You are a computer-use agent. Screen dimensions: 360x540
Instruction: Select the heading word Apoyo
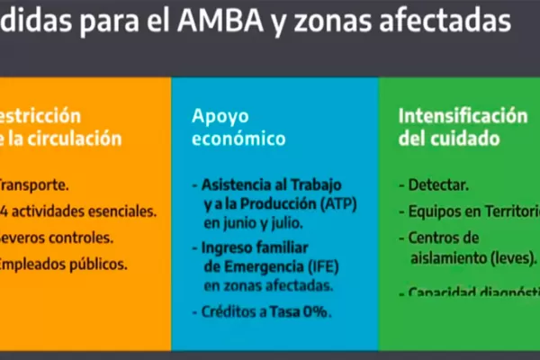tap(213, 117)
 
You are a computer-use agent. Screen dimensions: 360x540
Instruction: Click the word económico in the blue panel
tap(238, 139)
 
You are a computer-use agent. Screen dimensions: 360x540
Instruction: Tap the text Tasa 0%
tap(303, 312)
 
